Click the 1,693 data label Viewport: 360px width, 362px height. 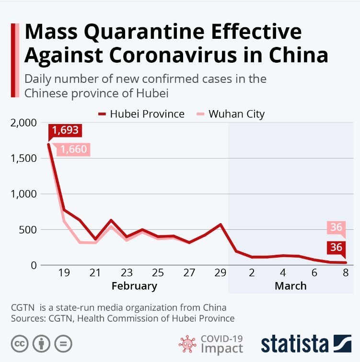pos(66,130)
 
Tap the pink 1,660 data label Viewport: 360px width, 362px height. pos(73,149)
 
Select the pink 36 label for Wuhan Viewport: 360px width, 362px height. pos(337,227)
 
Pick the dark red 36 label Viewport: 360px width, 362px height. pos(337,248)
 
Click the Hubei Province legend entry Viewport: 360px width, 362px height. pos(141,114)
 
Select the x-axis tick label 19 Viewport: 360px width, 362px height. pos(64,273)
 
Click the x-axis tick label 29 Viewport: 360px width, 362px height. pos(220,273)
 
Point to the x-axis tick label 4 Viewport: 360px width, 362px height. pos(283,273)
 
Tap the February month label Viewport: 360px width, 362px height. pos(134,286)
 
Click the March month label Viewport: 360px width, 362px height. pos(290,286)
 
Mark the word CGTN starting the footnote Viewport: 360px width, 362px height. pos(21,307)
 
